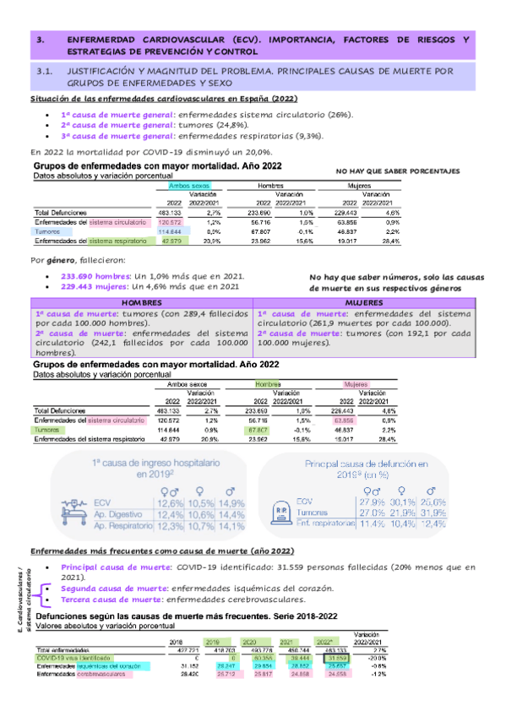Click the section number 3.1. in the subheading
point(45,73)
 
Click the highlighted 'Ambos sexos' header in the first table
point(190,184)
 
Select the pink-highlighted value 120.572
point(170,221)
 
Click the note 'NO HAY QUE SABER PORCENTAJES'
point(398,170)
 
